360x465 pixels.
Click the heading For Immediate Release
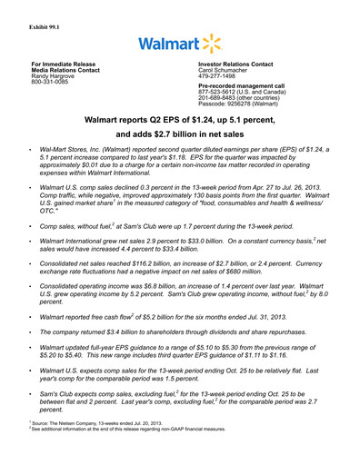[59, 64]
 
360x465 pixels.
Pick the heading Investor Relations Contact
[236, 64]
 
